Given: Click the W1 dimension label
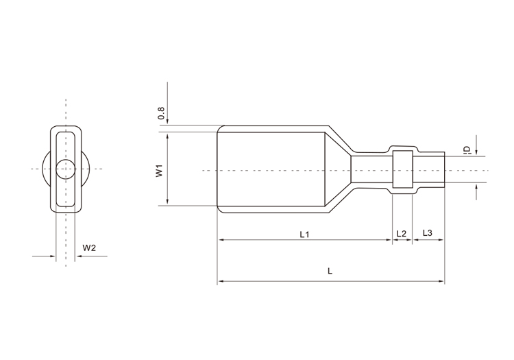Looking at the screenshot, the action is [x=159, y=171].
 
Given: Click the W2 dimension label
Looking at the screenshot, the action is [x=89, y=248].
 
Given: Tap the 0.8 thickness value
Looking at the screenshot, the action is [x=161, y=113].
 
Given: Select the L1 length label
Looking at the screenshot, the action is [x=304, y=234].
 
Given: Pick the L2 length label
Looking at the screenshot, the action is [x=401, y=233].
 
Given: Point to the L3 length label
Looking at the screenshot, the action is [x=428, y=233].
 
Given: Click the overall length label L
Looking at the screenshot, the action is [x=330, y=271].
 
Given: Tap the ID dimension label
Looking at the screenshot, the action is [x=467, y=149].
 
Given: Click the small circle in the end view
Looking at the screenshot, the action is [x=66, y=169].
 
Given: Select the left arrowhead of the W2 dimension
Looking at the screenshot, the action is [x=53, y=256].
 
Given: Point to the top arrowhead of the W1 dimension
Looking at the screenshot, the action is [x=167, y=136].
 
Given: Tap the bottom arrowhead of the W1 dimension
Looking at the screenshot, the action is [x=167, y=202].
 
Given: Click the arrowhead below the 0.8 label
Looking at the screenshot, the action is [x=167, y=121].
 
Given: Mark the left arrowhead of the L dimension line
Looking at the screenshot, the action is [x=221, y=281].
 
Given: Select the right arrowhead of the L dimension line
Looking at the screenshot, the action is [x=441, y=281].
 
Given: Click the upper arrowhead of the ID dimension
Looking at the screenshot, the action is [x=476, y=152].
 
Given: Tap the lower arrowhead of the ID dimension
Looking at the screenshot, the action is [x=476, y=187].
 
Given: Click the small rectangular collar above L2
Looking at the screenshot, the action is [x=402, y=169].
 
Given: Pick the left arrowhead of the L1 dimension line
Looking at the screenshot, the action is [x=221, y=240].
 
